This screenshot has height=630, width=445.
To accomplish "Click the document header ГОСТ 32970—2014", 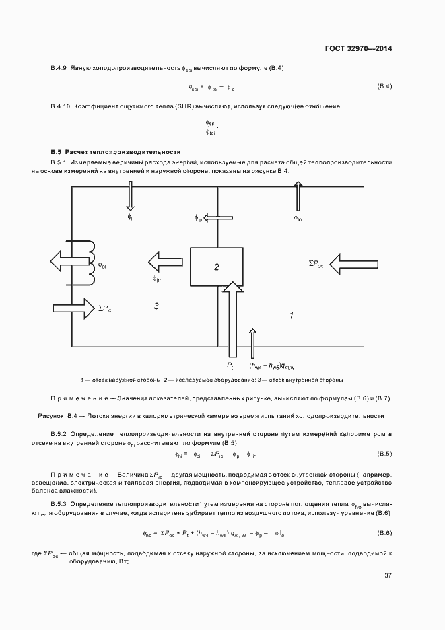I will [x=358, y=48].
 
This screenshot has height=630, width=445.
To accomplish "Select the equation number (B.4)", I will [x=384, y=86].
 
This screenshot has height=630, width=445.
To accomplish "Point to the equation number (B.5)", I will [x=384, y=454].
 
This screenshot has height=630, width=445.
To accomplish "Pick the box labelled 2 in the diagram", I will [x=217, y=267].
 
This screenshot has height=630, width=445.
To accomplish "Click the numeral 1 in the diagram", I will [x=291, y=315].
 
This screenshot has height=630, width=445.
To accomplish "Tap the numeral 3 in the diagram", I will [x=156, y=306].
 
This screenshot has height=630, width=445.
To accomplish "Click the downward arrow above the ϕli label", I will [x=131, y=198].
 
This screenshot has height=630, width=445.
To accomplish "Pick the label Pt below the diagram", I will [x=230, y=365].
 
